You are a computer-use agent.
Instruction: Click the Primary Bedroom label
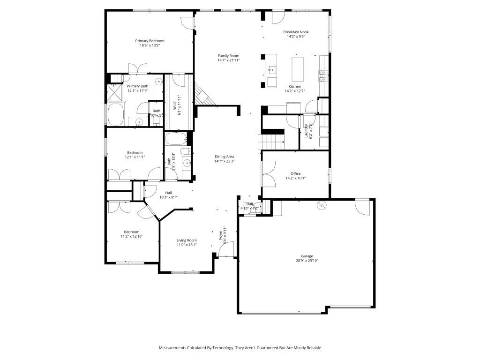tap(150, 41)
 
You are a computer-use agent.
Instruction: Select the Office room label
tap(295, 173)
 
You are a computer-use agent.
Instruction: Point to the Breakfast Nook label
tap(296, 32)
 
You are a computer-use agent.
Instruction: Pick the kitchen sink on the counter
tap(271, 70)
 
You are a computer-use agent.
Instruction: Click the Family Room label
tap(228, 56)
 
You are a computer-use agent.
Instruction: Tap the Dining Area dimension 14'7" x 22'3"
tap(224, 161)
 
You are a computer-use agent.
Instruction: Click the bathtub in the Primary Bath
tap(116, 114)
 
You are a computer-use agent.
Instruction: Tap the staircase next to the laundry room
tap(271, 141)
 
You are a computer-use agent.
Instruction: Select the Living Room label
tap(187, 240)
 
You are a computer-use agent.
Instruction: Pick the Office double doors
tap(268, 174)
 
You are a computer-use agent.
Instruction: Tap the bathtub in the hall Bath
tap(176, 139)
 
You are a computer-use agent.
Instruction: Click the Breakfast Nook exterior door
tap(278, 16)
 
